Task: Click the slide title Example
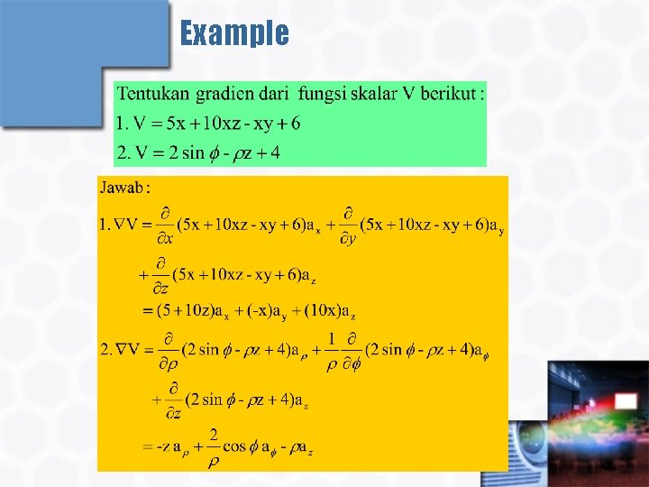234,33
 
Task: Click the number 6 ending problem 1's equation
296,123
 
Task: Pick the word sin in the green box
193,152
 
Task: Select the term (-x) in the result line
262,311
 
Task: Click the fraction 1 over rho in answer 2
333,350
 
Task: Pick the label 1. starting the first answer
105,223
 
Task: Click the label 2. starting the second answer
105,348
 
